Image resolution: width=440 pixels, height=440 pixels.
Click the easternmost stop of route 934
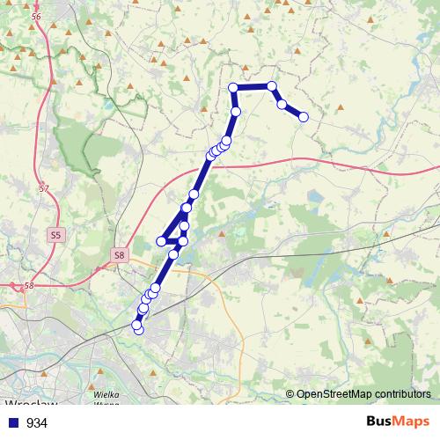[x=304, y=117]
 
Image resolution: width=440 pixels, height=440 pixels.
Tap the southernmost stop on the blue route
[x=137, y=329]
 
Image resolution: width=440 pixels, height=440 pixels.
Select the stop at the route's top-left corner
[x=233, y=87]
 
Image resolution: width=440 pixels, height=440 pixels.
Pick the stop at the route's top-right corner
[x=272, y=86]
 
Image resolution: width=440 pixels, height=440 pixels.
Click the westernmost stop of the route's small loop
[x=161, y=240]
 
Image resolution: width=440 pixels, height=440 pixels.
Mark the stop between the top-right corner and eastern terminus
[x=282, y=105]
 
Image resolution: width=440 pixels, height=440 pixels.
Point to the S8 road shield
[x=120, y=255]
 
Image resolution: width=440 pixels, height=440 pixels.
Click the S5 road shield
[x=56, y=235]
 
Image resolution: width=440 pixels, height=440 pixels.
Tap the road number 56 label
[x=35, y=18]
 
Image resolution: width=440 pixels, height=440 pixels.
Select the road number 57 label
[x=44, y=188]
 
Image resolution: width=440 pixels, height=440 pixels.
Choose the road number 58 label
[x=29, y=286]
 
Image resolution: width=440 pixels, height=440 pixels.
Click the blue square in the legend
[x=14, y=423]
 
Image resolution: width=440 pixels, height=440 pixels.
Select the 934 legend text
[x=37, y=423]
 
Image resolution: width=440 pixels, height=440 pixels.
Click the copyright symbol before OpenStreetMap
[x=290, y=394]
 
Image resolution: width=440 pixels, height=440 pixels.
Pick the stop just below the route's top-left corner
[x=236, y=112]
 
